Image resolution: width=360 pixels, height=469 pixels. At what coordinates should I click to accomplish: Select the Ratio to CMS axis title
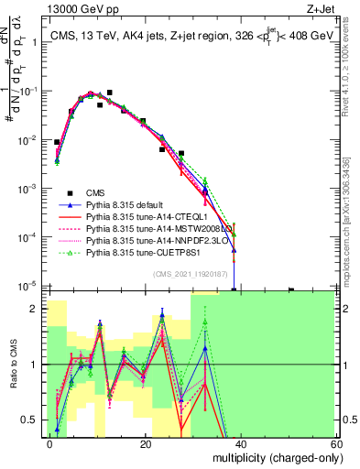13,366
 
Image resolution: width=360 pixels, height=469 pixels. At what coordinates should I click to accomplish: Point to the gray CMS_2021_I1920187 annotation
196,276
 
